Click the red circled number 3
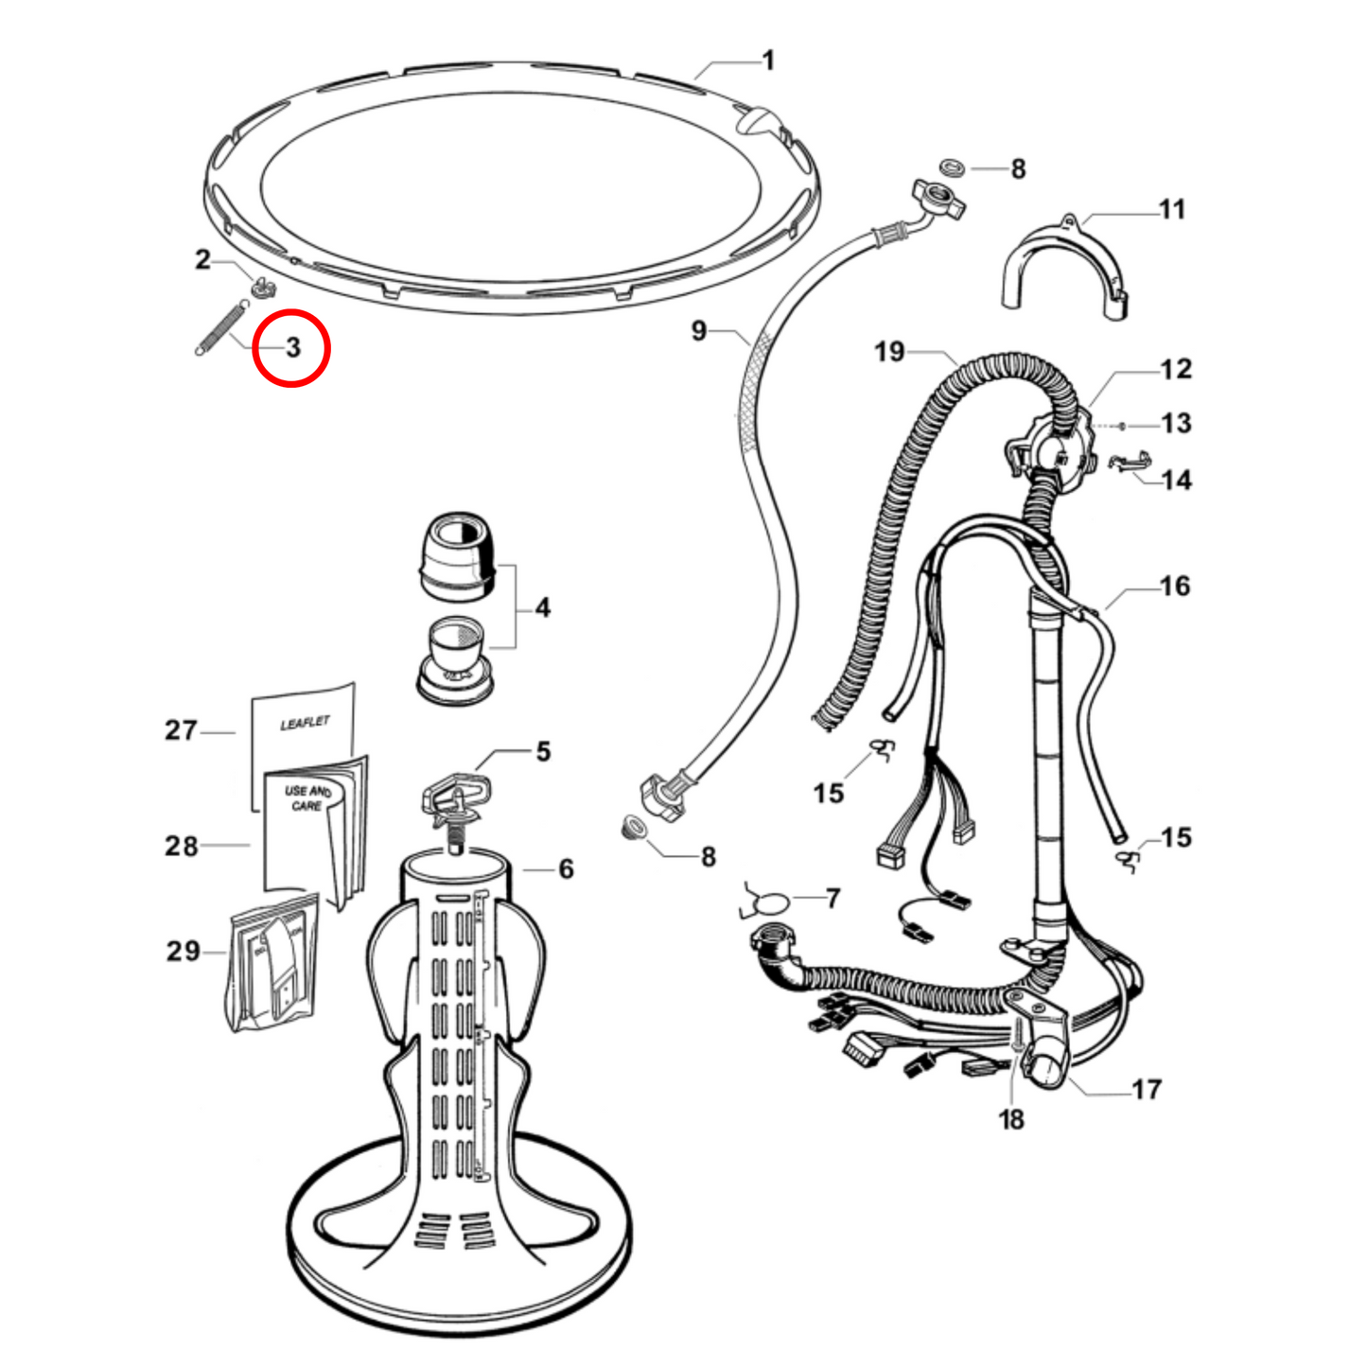tap(292, 347)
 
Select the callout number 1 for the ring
tap(768, 61)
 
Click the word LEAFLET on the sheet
tap(305, 724)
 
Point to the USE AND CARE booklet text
tap(307, 797)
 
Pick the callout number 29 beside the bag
tap(184, 951)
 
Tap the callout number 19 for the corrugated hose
tap(889, 352)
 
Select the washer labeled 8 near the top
tap(955, 168)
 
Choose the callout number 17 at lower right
tap(1146, 1090)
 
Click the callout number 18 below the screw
tap(1010, 1120)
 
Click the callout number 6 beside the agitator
tap(566, 868)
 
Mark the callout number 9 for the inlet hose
tap(698, 330)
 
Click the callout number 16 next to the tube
tap(1175, 586)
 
